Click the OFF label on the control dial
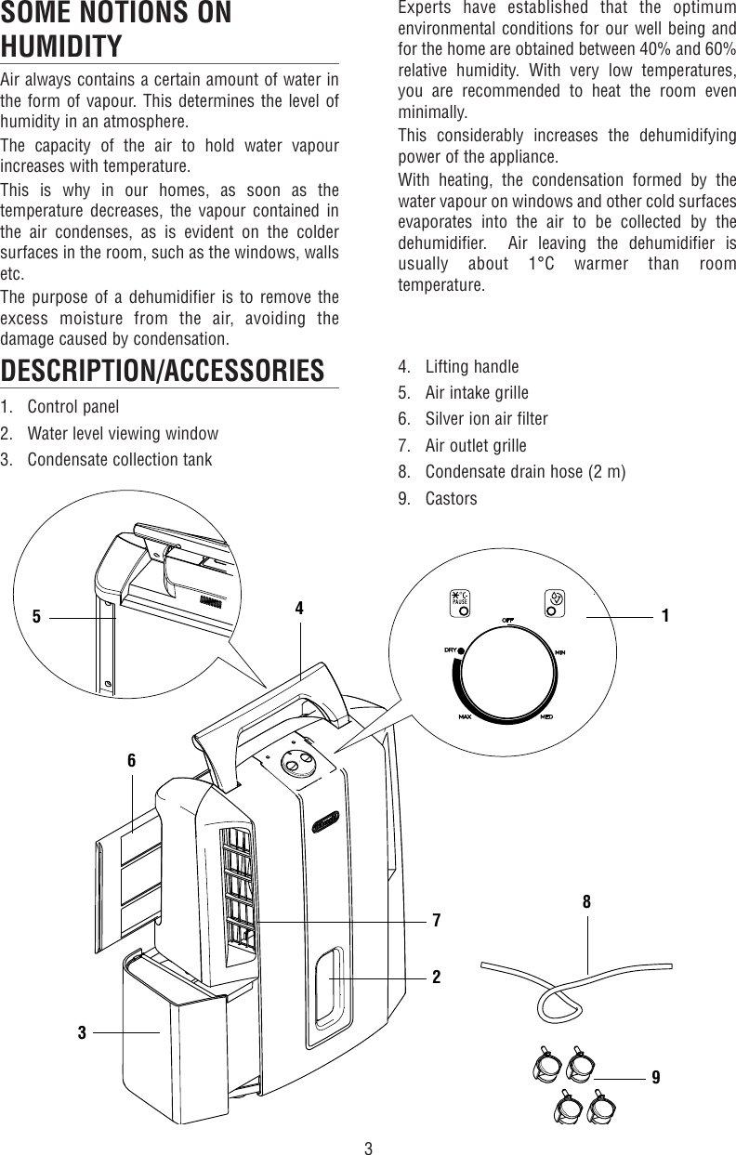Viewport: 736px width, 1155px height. coord(508,619)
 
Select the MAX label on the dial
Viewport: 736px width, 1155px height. coord(466,718)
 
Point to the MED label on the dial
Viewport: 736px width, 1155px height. coord(548,718)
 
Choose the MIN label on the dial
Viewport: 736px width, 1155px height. coord(560,652)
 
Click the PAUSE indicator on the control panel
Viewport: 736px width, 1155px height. coord(459,598)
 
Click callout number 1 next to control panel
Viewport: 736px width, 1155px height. coord(665,615)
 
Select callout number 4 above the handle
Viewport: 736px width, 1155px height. coord(299,609)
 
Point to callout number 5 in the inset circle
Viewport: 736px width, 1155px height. coord(36,615)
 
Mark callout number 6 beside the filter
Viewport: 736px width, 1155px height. coord(132,760)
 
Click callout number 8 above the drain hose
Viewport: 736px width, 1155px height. coord(587,901)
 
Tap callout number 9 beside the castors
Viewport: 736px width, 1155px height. coord(656,1077)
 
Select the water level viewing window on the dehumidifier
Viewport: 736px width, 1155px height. coord(328,982)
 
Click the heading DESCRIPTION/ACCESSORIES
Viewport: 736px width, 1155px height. coord(163,370)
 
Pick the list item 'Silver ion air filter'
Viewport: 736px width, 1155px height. coord(486,418)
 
